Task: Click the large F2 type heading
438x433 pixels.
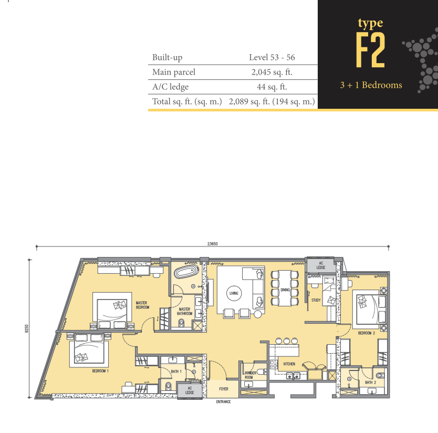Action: coord(370,50)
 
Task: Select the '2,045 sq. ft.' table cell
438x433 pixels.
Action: coord(272,72)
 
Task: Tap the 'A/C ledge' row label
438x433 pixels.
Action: coord(170,87)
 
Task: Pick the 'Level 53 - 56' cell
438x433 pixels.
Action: coord(272,57)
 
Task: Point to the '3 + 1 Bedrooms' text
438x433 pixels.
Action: coord(371,85)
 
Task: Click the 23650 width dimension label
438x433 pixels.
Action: coord(212,244)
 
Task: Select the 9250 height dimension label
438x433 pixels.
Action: coord(27,328)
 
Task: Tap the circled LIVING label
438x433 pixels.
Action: coord(234,293)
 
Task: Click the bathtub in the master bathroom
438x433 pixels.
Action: coord(186,272)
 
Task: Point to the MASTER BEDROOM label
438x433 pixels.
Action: coord(142,305)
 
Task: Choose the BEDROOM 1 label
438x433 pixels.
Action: coord(100,371)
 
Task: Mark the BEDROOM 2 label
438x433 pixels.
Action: coord(367,333)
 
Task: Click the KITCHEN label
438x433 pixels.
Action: coord(289,364)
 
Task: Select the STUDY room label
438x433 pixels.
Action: coord(316,300)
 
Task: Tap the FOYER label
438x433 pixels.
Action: coord(224,389)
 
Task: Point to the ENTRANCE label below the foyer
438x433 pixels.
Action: coord(224,401)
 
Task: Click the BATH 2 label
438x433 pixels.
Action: coord(370,383)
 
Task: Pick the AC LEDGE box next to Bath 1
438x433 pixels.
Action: coord(190,390)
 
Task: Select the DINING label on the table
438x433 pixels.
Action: coord(285,290)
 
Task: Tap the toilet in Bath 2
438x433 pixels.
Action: coord(380,375)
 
